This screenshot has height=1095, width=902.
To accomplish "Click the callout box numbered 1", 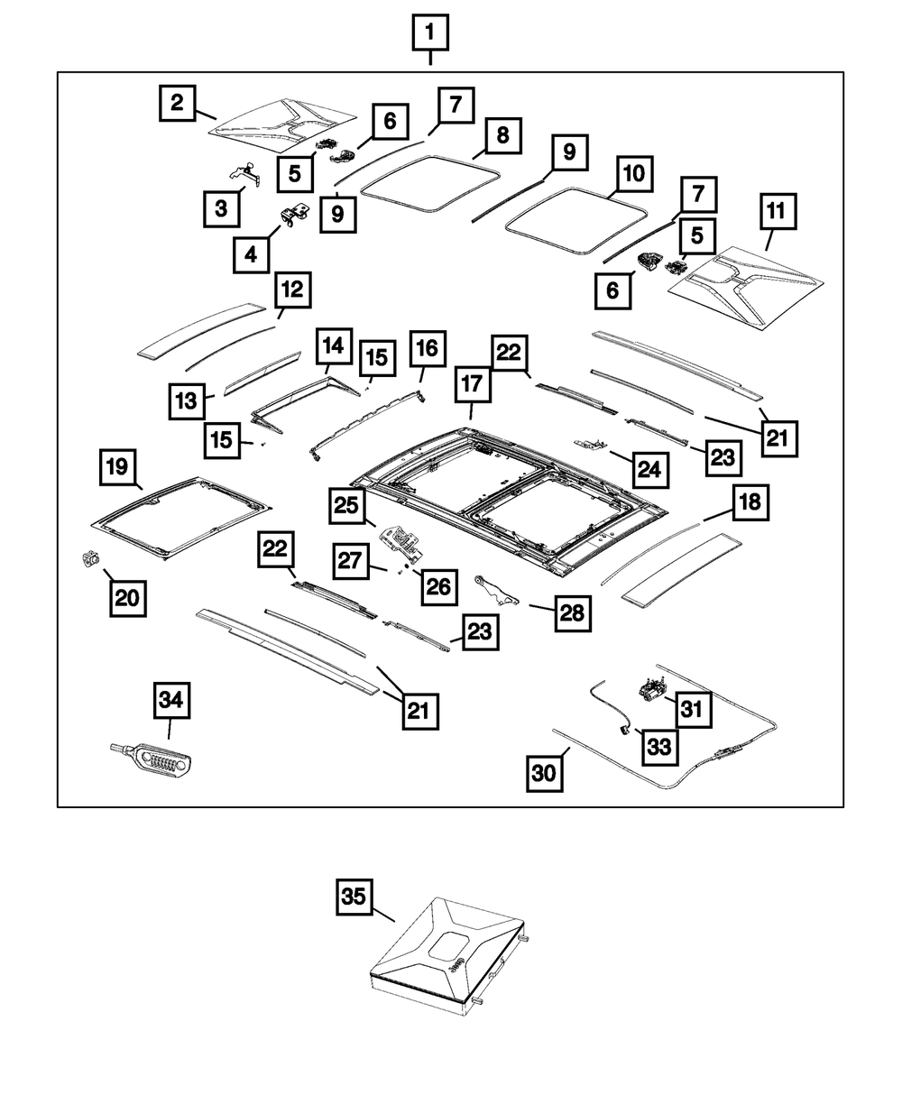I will point(430,36).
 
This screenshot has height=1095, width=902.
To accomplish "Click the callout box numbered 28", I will point(571,613).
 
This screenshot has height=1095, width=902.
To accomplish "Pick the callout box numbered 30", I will point(548,773).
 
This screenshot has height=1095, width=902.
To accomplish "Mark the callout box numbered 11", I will point(777,215).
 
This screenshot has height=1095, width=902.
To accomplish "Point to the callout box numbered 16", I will point(428,350).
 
